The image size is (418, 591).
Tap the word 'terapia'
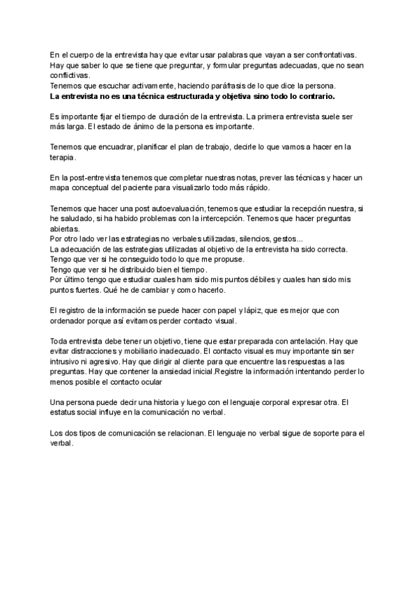click(x=65, y=158)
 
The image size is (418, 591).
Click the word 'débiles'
click(x=250, y=280)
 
